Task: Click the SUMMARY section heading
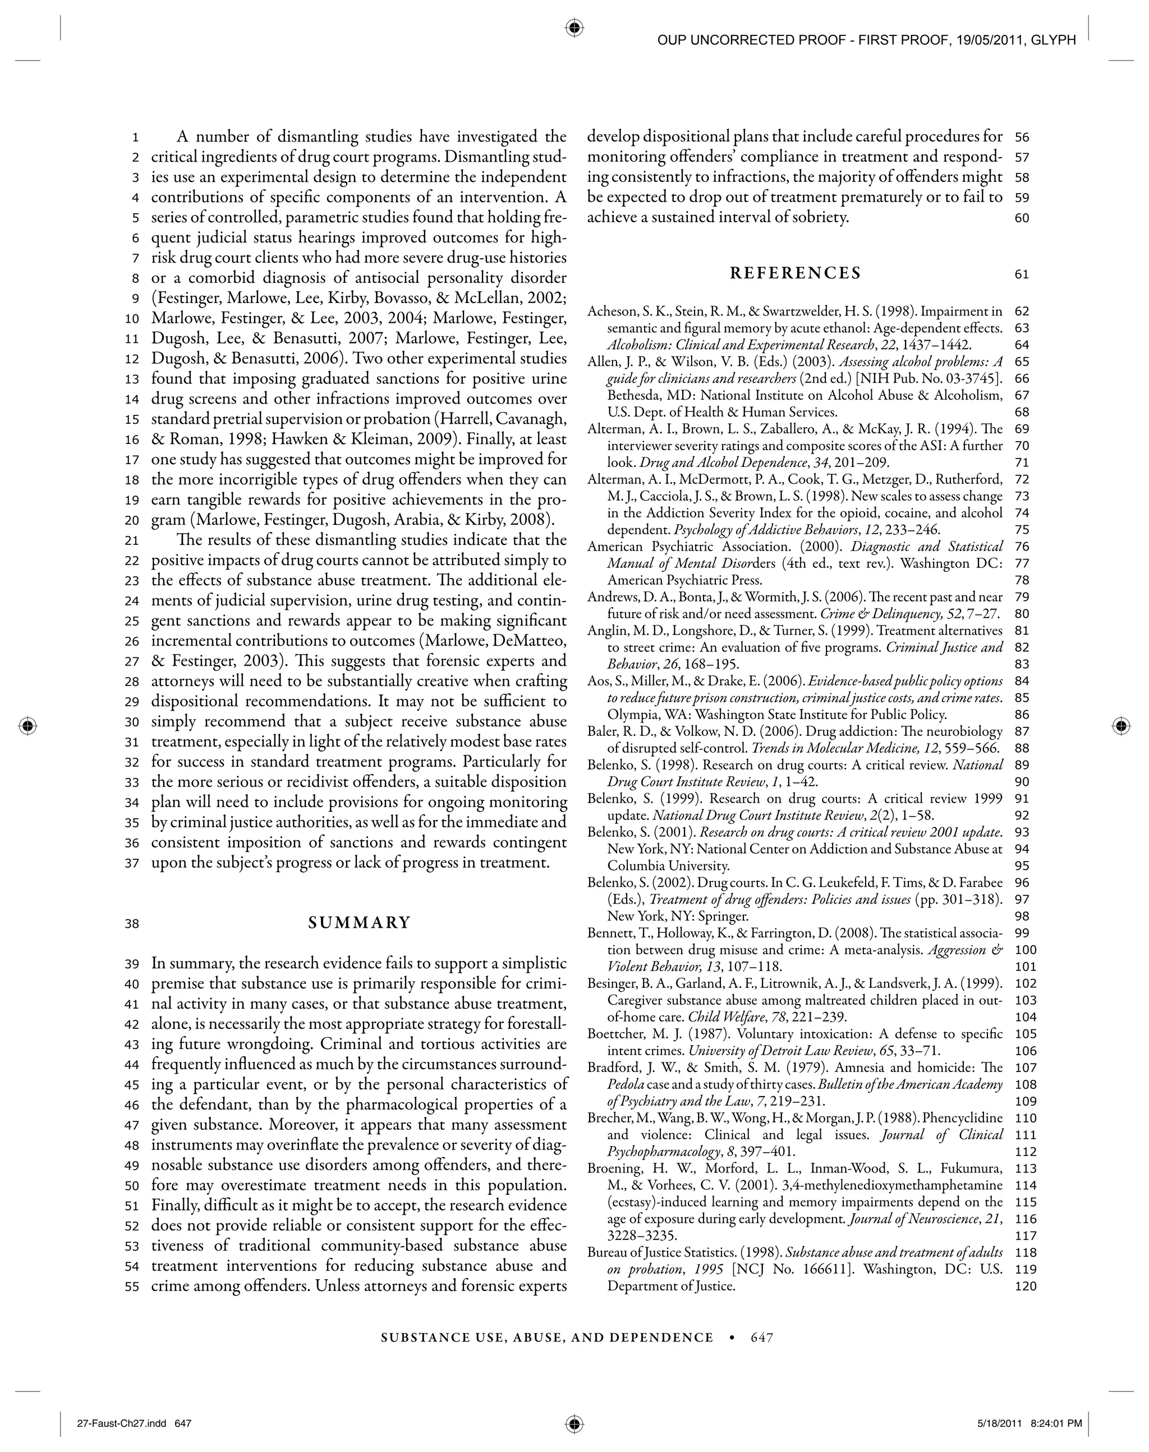359,923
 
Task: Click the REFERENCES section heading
795,273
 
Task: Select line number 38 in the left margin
131,924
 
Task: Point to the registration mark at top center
574,28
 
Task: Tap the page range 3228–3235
642,1236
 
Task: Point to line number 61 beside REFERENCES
1022,274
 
